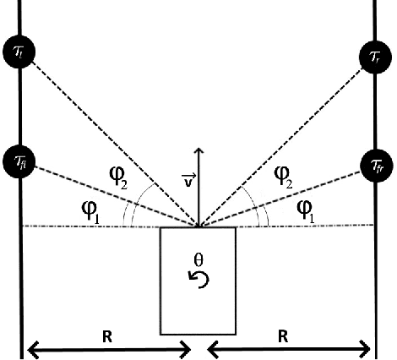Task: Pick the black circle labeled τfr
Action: point(375,163)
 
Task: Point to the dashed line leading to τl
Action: point(110,139)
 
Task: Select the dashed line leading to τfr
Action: point(287,194)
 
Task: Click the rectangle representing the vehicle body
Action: point(198,304)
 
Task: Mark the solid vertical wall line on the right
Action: point(375,254)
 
